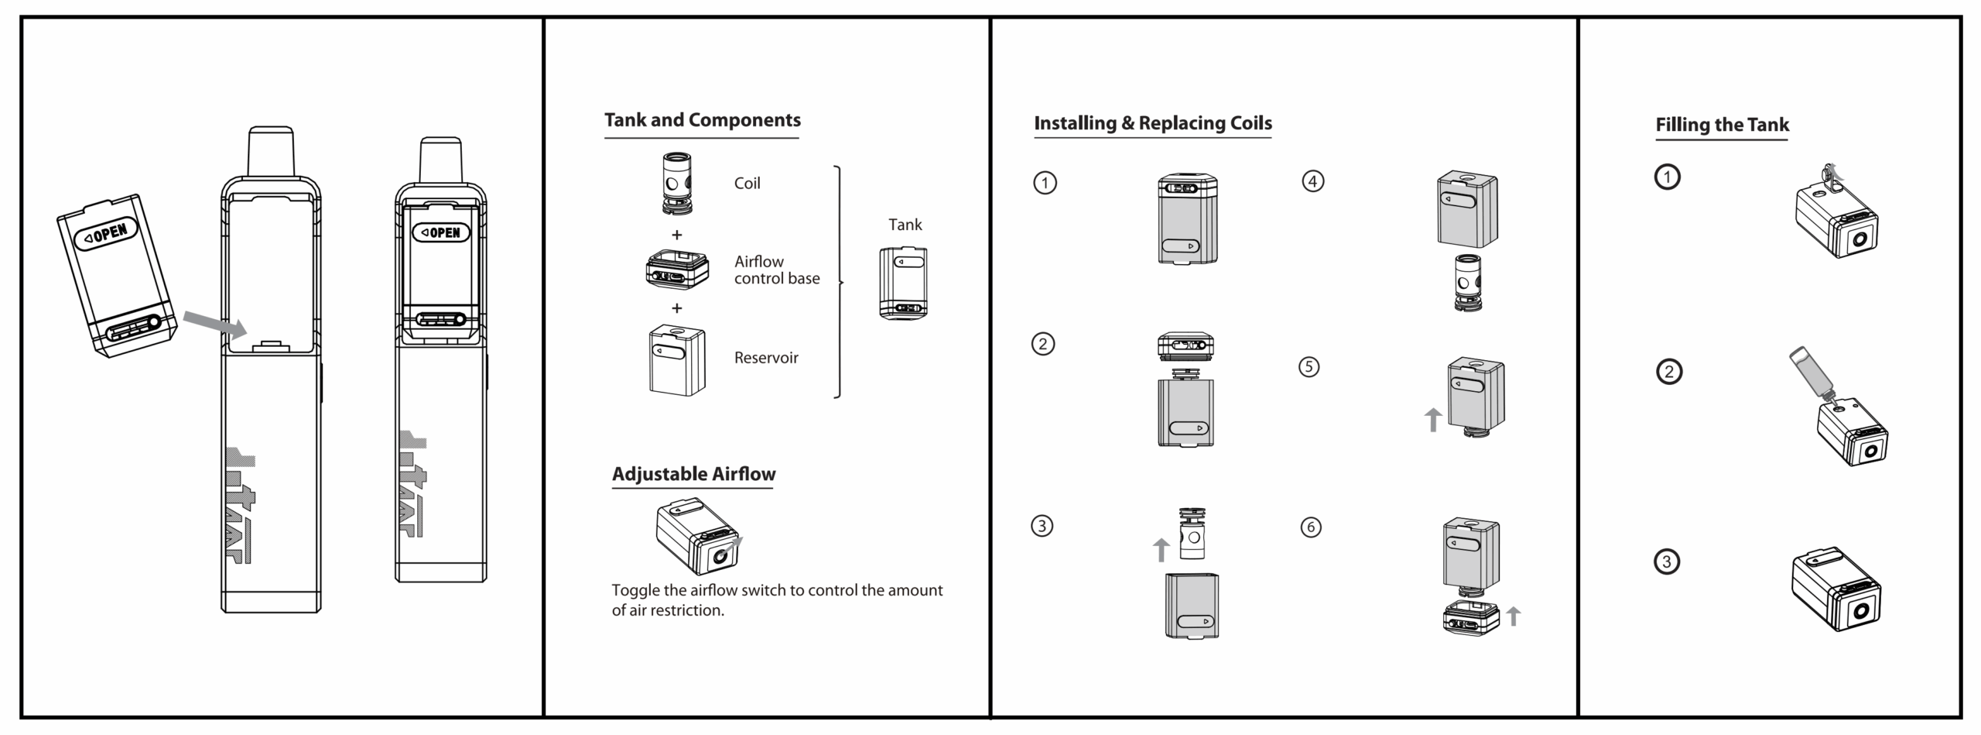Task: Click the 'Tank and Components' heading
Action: point(702,120)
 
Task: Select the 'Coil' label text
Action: point(747,184)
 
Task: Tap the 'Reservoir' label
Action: point(765,358)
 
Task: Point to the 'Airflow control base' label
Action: point(776,270)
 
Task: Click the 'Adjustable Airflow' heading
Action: point(693,474)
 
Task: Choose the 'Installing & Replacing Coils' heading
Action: point(1152,123)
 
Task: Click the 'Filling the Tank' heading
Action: point(1722,125)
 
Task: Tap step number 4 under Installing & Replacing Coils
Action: point(1313,181)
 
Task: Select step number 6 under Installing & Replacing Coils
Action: point(1311,527)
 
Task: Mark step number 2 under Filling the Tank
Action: point(1668,373)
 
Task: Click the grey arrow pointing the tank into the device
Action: point(215,324)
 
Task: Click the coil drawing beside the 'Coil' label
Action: point(676,183)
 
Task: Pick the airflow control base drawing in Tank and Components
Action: point(677,270)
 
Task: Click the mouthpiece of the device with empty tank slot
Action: point(271,152)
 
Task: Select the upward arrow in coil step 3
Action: point(1161,549)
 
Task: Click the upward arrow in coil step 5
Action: point(1432,420)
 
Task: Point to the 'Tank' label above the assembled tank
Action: point(905,225)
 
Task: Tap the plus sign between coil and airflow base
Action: point(676,235)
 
